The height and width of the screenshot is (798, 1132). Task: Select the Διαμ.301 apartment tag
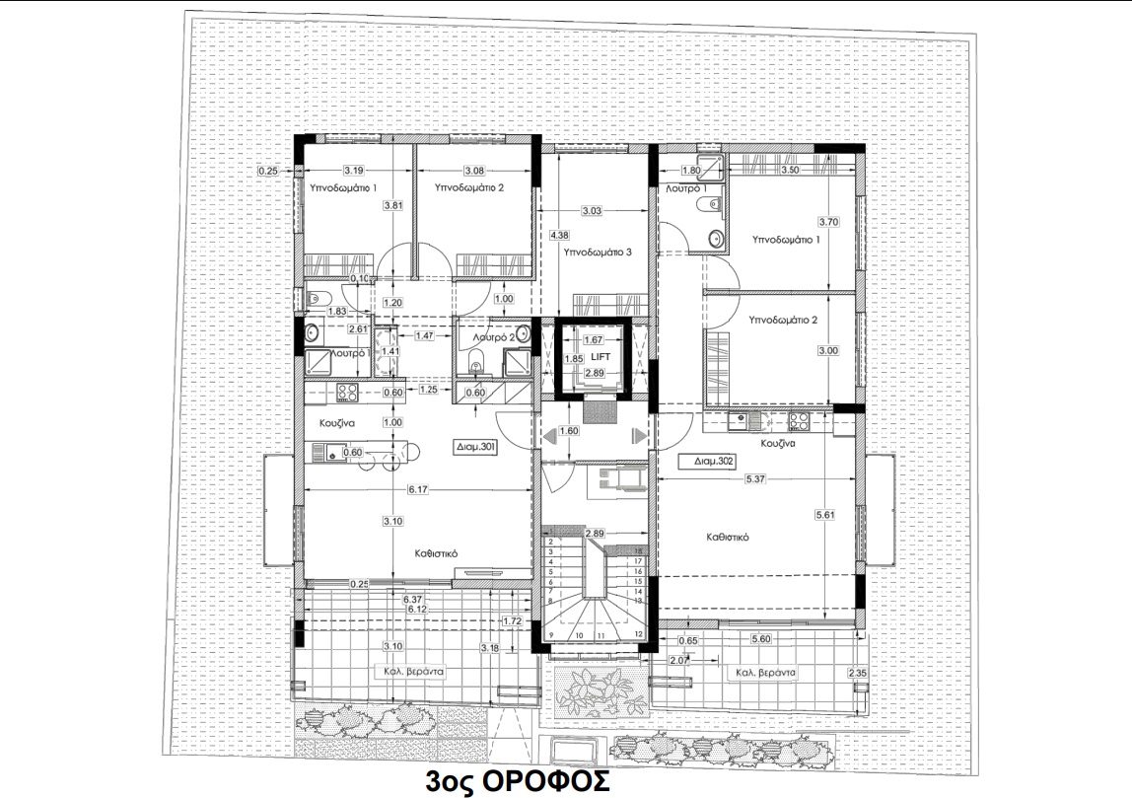475,446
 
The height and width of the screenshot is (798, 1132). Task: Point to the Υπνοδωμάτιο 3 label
597,253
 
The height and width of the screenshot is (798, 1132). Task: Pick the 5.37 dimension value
757,478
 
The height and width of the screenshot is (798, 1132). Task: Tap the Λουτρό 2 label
489,337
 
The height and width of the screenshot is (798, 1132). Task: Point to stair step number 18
639,550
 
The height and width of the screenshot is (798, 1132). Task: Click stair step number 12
639,634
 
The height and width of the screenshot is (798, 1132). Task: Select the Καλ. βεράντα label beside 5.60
764,673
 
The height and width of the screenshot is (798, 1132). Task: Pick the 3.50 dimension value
789,171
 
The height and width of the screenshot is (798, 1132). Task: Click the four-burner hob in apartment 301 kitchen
347,393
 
